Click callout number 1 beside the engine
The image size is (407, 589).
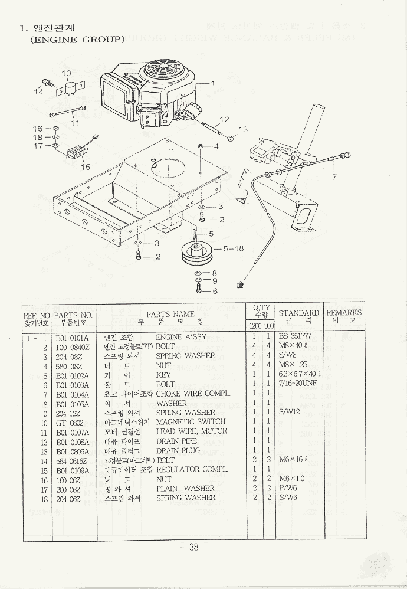click(x=212, y=83)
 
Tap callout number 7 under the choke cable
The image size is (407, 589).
click(x=334, y=176)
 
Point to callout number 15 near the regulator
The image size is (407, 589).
click(x=86, y=167)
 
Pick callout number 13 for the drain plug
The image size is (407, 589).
click(x=243, y=130)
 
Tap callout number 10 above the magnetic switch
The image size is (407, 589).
click(x=66, y=74)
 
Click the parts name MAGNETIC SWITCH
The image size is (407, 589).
click(x=191, y=422)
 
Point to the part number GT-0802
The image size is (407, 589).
click(x=70, y=423)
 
